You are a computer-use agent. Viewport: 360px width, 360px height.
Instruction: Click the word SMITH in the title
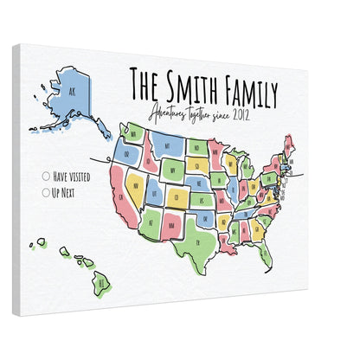(x=189, y=87)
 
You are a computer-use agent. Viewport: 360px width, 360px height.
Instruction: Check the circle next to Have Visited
(x=46, y=177)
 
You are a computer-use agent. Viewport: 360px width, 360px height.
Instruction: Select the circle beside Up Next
(x=46, y=192)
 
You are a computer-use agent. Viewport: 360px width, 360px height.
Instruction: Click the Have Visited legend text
(x=71, y=177)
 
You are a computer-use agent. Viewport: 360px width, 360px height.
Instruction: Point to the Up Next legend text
(x=65, y=192)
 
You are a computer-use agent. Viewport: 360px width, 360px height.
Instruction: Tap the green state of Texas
(x=198, y=233)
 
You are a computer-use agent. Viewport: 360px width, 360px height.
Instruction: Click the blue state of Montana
(x=170, y=143)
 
